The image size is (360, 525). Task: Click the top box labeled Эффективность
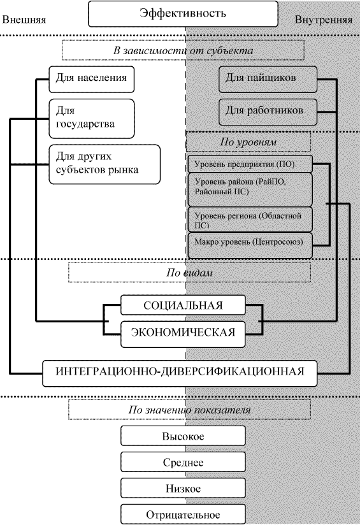(x=183, y=14)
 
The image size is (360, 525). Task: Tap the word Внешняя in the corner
(x=24, y=20)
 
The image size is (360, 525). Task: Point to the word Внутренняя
(x=324, y=20)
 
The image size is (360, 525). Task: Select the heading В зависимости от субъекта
(x=183, y=50)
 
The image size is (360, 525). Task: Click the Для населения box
(x=91, y=79)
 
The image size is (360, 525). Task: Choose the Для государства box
(x=91, y=119)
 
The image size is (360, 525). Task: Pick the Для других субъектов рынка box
(x=104, y=164)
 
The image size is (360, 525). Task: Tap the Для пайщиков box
(x=268, y=79)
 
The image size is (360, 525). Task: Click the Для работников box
(x=268, y=112)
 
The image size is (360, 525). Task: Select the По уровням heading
(x=248, y=141)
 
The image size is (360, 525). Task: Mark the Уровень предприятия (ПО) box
(x=250, y=164)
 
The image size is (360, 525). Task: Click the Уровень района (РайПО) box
(x=250, y=189)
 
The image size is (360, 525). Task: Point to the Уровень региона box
(x=250, y=220)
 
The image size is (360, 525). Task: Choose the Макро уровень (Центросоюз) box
(x=250, y=245)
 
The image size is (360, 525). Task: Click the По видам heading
(x=189, y=273)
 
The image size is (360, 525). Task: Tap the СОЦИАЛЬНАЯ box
(x=183, y=305)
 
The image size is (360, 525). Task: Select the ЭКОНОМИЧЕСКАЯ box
(x=183, y=334)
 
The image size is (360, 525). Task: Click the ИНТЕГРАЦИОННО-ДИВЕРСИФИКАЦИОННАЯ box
(x=180, y=373)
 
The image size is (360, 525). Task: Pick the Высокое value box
(x=183, y=436)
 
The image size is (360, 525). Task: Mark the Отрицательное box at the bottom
(x=183, y=514)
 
